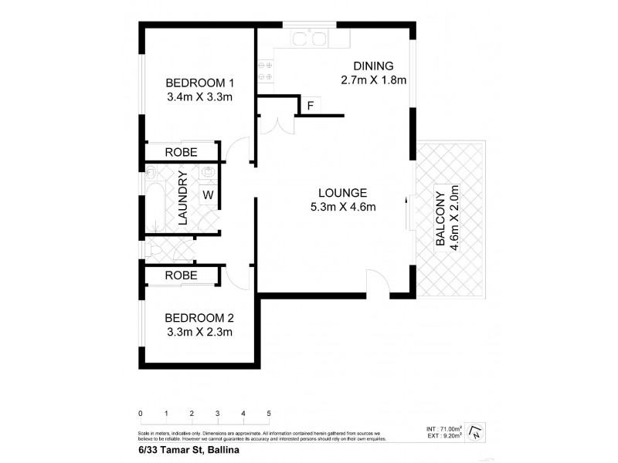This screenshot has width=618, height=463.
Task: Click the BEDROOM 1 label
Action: coord(199,83)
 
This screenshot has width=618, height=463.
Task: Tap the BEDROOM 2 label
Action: coord(199,318)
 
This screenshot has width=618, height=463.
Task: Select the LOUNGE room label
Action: coord(336,193)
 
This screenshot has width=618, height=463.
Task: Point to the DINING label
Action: coord(373,66)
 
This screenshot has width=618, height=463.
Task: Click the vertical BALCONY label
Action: coord(440,218)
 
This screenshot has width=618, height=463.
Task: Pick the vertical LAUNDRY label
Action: coord(183,198)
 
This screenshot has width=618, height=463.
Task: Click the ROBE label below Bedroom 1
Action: coord(181,152)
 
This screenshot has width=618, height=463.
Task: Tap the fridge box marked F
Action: coord(310,106)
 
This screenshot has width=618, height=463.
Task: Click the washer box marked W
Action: coord(208,195)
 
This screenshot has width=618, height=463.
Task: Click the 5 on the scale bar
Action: coord(269,414)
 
